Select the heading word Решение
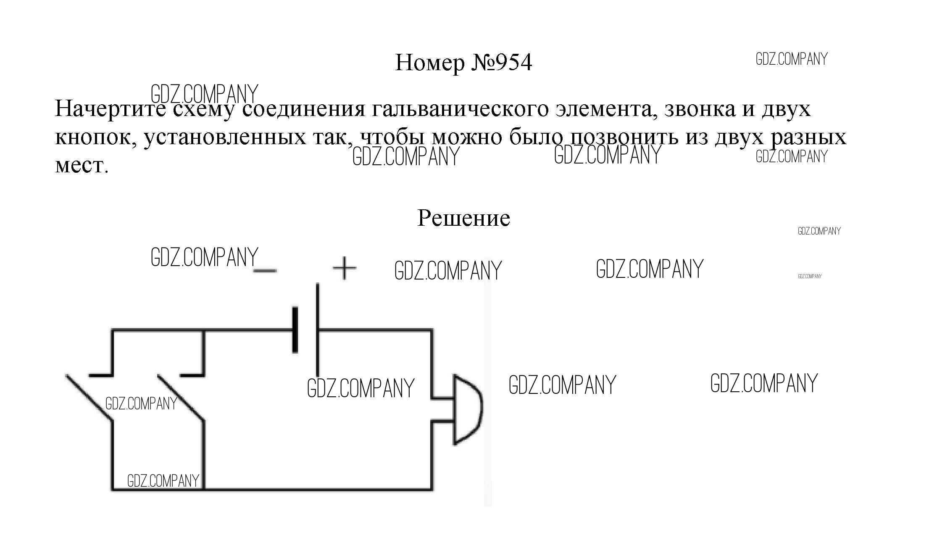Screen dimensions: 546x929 [x=463, y=218]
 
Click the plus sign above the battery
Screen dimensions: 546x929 [x=344, y=268]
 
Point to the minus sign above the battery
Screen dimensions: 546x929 [x=265, y=271]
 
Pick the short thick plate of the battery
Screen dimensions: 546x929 [x=295, y=330]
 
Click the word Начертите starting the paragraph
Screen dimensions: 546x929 [x=110, y=109]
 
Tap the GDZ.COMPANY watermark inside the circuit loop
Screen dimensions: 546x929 [x=361, y=388]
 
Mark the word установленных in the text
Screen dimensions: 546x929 [x=225, y=137]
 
